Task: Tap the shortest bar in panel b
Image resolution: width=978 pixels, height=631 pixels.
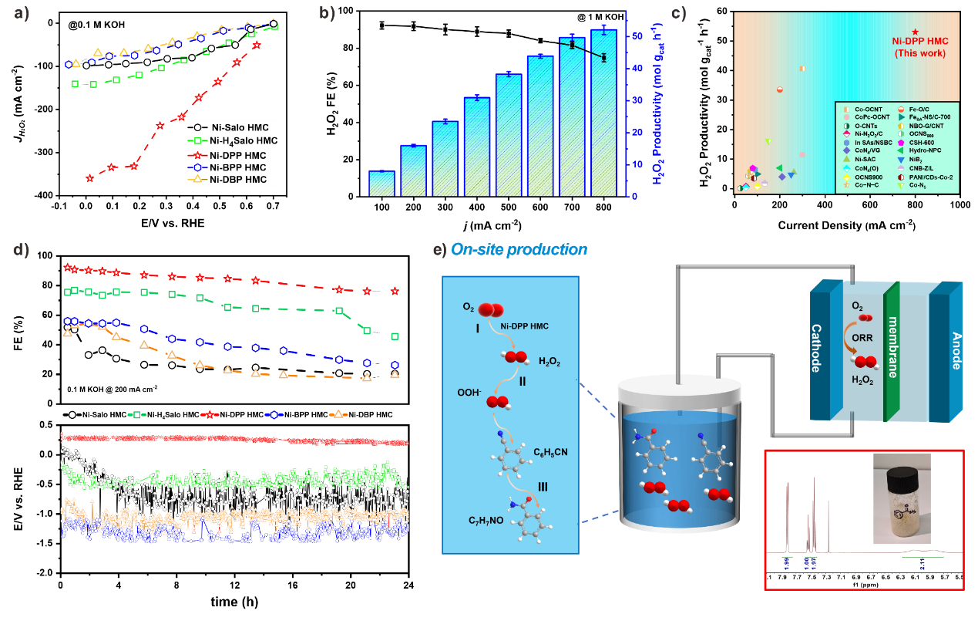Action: tap(381, 184)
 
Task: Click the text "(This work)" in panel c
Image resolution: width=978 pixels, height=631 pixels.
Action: tap(919, 54)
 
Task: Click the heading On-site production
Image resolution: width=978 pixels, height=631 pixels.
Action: tap(519, 250)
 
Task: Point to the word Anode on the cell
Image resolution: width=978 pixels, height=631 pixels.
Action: tap(956, 351)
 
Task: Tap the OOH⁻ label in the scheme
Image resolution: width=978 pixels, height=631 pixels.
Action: tap(469, 393)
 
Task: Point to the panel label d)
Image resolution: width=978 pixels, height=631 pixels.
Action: tap(22, 250)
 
